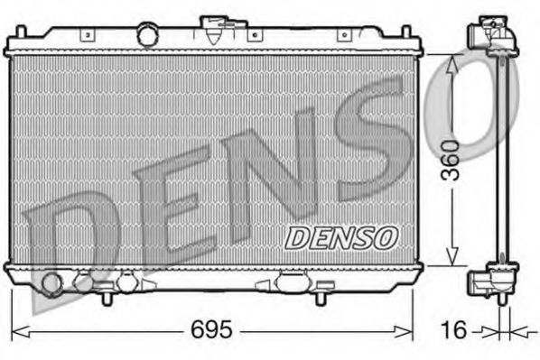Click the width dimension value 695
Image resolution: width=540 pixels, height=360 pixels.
(213, 329)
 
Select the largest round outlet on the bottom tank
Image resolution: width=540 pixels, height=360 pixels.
(51, 285)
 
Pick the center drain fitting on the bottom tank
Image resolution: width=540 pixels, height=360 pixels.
(292, 282)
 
